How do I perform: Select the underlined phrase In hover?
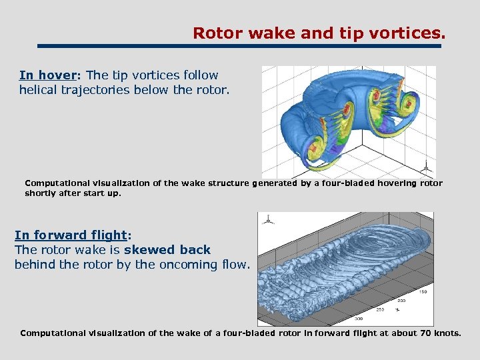point(46,76)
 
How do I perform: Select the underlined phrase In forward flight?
point(71,235)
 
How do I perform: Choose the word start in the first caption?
point(93,193)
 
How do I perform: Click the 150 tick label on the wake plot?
point(422,291)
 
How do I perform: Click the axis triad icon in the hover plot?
point(425,167)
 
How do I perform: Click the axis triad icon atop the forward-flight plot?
point(268,218)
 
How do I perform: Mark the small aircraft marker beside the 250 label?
point(397,310)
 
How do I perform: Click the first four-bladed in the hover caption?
point(325,183)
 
